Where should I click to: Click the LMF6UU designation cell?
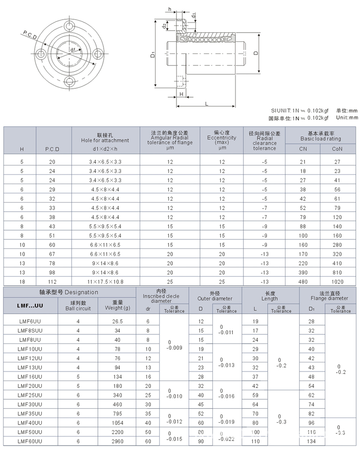pos(30,321)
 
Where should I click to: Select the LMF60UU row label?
pos(30,441)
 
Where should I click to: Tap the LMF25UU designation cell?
pos(30,395)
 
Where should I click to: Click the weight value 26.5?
pos(117,321)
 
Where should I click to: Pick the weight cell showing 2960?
pos(117,441)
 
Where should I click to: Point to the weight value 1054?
pos(117,423)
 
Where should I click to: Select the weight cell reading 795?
pos(117,413)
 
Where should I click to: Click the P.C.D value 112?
pos(54,282)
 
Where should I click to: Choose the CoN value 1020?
pos(338,282)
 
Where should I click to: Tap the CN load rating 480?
pos(303,282)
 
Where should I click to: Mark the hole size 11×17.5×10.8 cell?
pos(105,282)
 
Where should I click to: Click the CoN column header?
pos(338,149)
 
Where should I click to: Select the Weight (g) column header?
pos(117,305)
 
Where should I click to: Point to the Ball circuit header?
pos(78,305)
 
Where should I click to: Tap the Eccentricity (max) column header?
pos(222,139)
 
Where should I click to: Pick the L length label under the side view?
pos(206,103)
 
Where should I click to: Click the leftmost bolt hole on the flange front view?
pos(42,54)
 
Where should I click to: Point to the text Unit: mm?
pos(347,117)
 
